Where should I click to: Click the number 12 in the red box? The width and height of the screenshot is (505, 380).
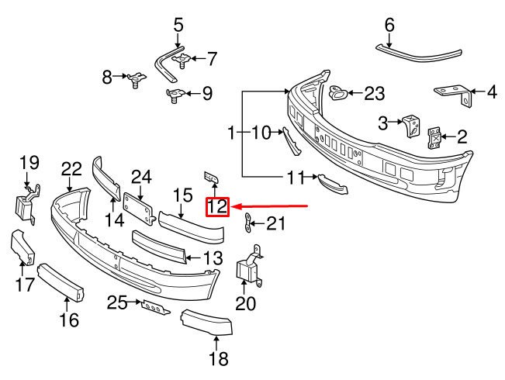coord(217,207)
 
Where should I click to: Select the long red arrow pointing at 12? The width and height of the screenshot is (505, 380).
coord(270,206)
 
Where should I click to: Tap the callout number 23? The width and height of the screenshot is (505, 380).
coord(375,93)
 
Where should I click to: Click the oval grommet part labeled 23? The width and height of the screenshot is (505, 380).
coord(337,92)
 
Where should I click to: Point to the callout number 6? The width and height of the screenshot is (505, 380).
coord(389,25)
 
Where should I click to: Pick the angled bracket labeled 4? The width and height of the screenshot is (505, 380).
coord(455,95)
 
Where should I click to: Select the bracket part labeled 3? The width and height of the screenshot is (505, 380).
coord(411,126)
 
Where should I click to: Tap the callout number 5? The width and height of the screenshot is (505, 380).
coord(178,26)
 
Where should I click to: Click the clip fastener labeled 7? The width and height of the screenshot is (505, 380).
coord(182,60)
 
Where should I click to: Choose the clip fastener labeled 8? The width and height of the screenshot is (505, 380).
coord(137,79)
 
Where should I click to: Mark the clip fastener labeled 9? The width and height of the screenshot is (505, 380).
coord(175,95)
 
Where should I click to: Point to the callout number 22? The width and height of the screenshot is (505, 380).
coord(71,168)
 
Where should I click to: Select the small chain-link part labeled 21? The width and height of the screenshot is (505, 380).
coord(247,223)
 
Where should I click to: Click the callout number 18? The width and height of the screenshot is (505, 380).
coord(218,358)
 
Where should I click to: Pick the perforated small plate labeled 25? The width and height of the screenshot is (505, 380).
coord(155,308)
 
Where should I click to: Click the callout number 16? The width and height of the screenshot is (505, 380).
coord(69,320)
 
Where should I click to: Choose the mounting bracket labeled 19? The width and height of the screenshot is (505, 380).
coord(26,204)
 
